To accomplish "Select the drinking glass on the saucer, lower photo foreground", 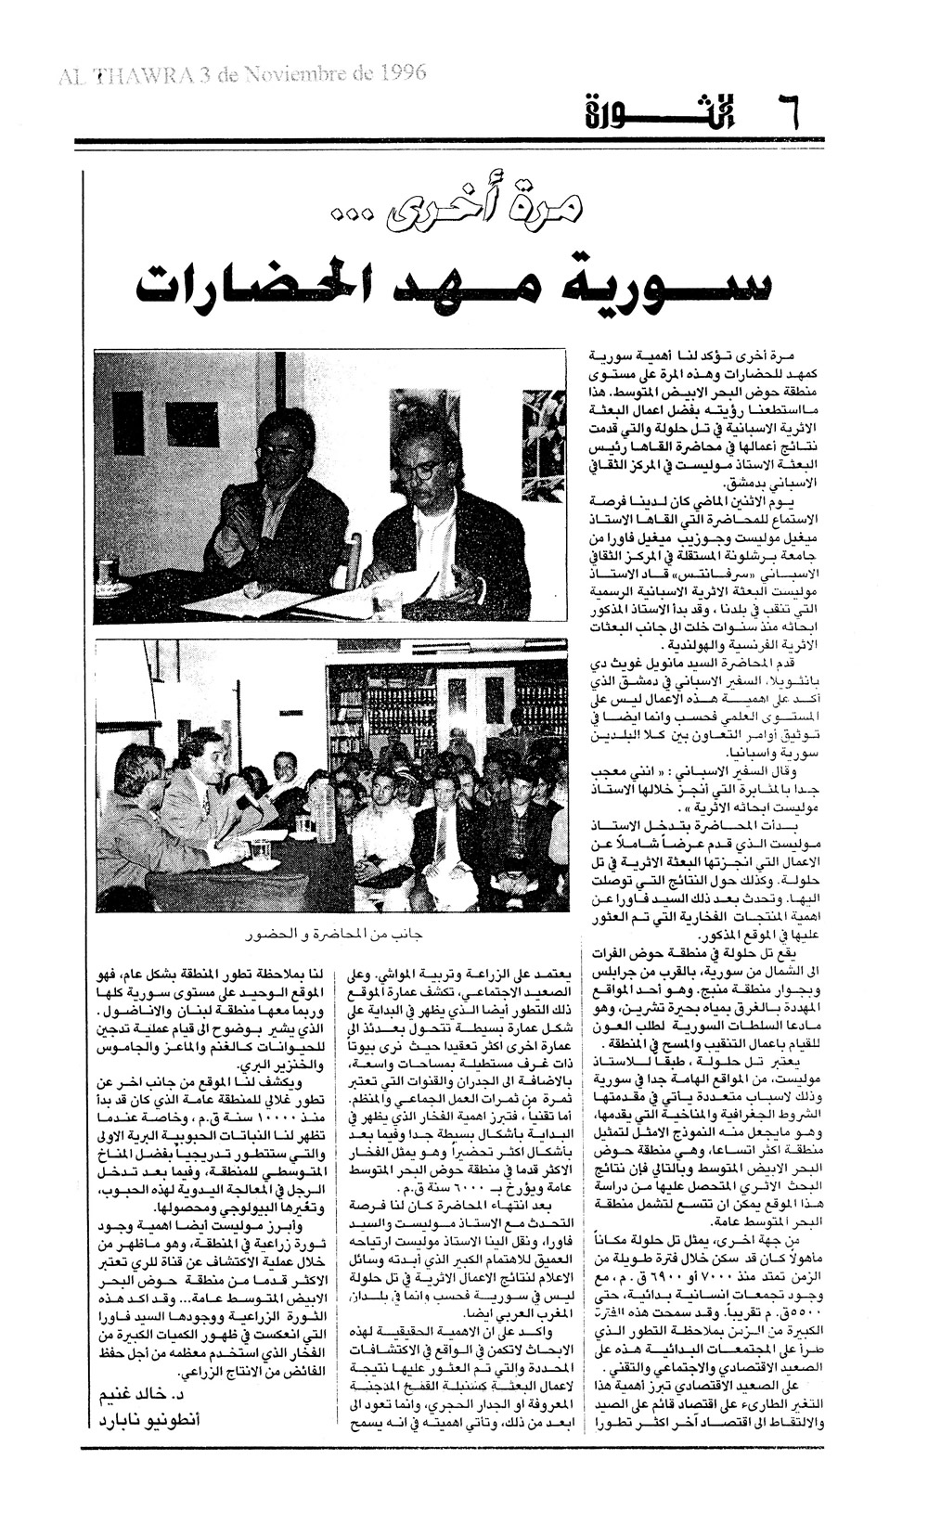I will (x=261, y=851).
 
